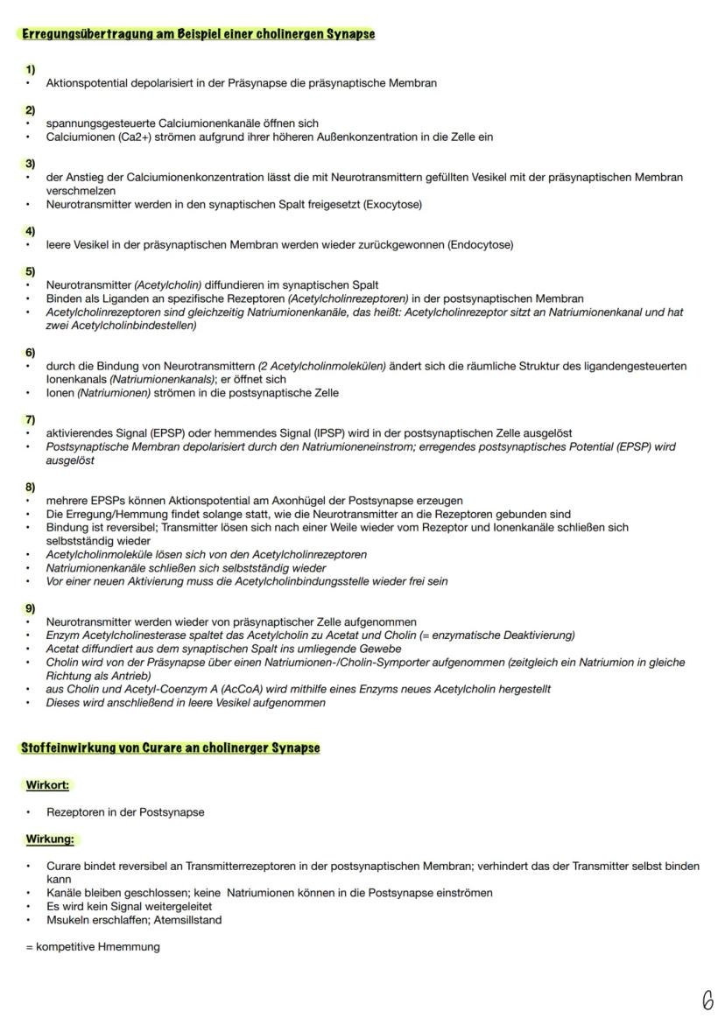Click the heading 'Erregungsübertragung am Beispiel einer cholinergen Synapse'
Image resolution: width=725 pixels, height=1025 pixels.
point(198,34)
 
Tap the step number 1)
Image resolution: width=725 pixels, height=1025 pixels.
point(31,69)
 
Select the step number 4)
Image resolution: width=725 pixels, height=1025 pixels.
point(31,231)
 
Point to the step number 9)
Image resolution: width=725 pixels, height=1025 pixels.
point(31,608)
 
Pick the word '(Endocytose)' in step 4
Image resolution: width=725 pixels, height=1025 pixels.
point(480,245)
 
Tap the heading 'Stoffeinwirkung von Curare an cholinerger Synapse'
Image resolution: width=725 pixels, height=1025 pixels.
point(170,748)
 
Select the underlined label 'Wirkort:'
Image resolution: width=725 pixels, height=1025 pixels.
point(47,785)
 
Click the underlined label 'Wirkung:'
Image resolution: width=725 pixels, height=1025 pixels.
point(50,839)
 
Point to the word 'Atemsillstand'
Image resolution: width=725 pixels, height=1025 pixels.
point(187,920)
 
